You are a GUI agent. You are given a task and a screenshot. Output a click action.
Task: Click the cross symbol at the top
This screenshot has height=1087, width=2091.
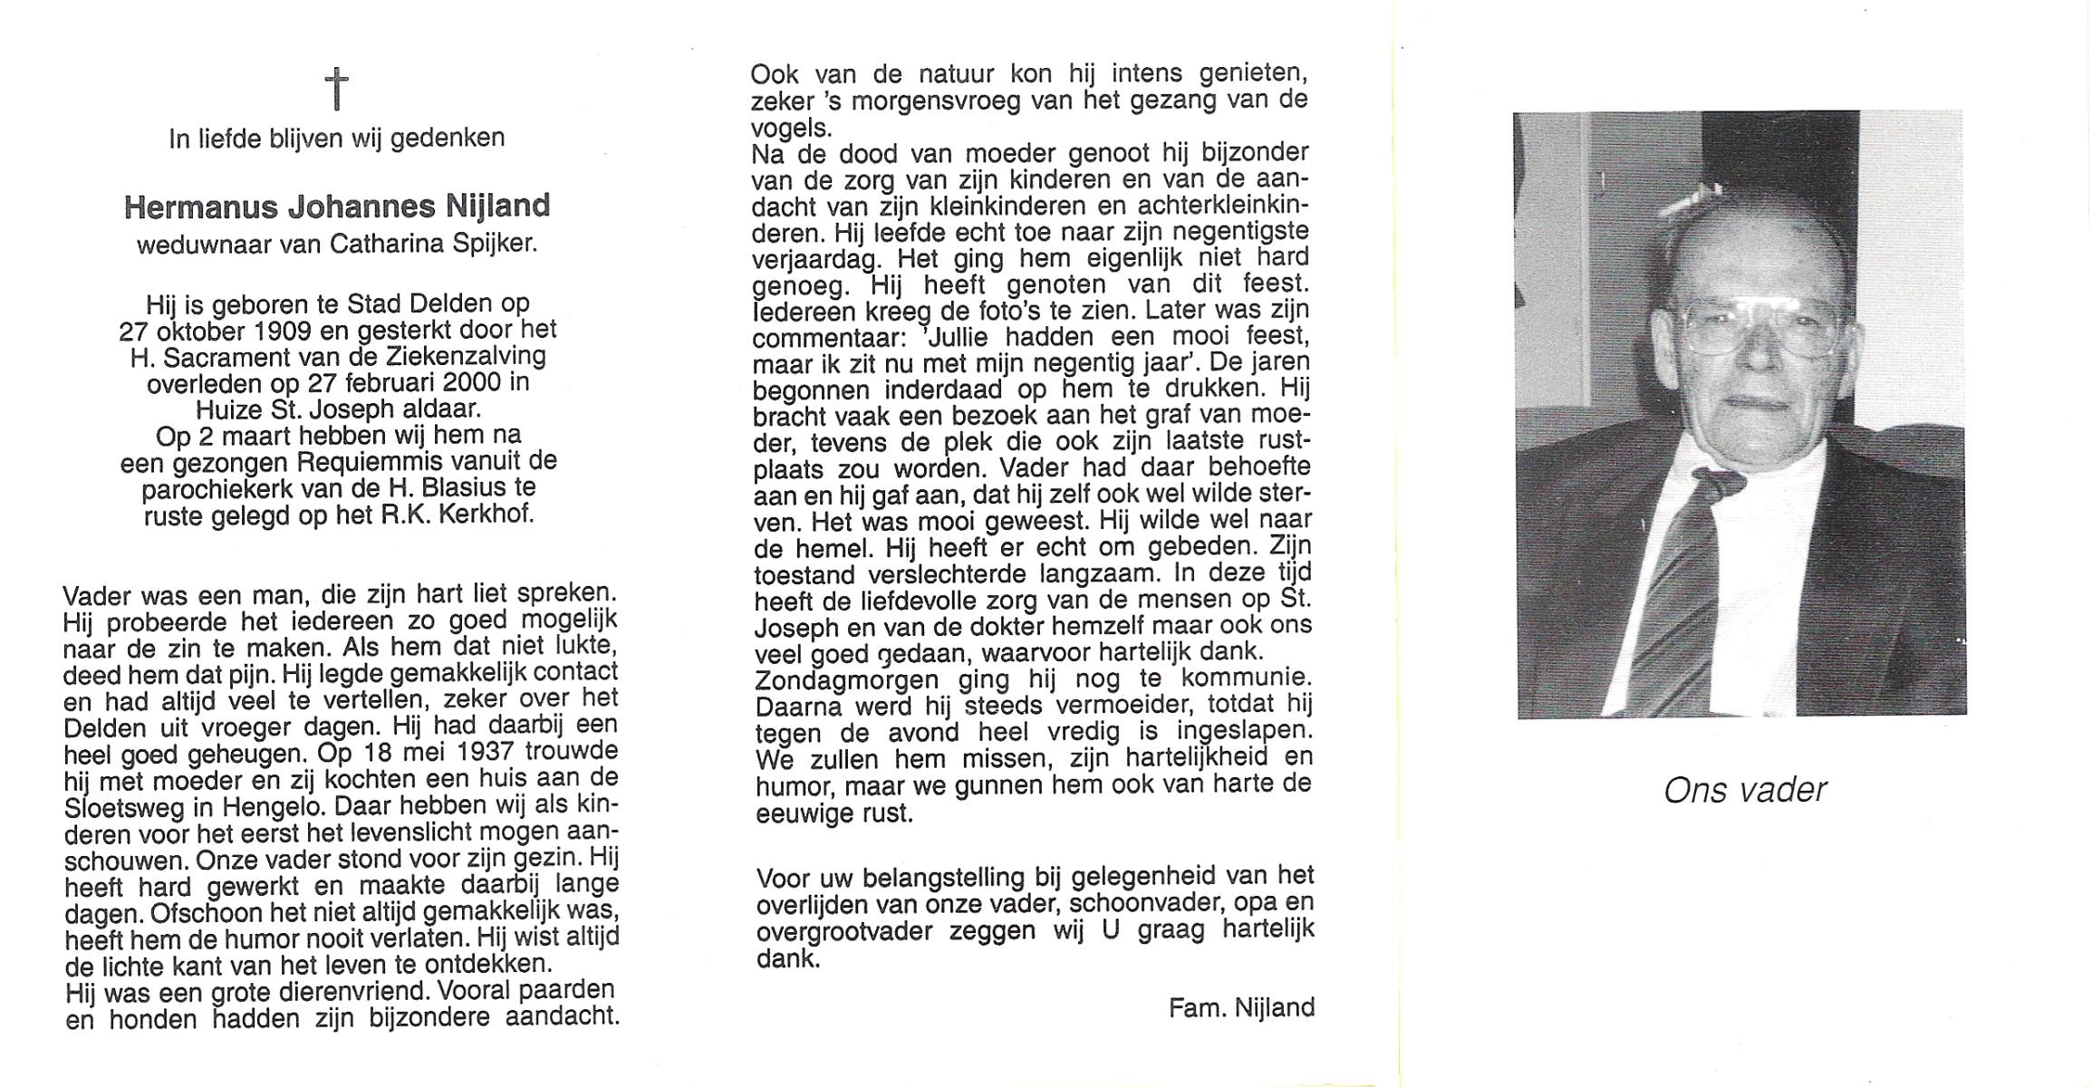336,90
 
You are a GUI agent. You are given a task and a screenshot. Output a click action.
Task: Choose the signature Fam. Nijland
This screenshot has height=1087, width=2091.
1241,1007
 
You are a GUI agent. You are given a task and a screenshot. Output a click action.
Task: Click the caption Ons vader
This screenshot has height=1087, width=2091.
1745,791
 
